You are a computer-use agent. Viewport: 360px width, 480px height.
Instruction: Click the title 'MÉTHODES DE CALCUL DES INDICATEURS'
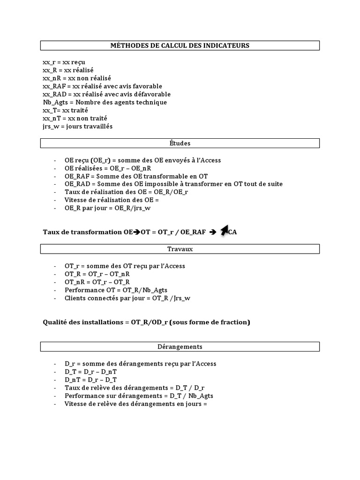coord(180,45)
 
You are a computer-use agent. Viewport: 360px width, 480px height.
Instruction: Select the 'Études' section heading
coord(180,143)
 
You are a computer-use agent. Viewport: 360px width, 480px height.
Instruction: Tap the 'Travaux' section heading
coord(180,249)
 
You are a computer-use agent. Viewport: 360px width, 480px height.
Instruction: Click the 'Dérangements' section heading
coord(180,346)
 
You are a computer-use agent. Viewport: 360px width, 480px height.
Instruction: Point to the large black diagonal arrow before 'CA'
coord(225,230)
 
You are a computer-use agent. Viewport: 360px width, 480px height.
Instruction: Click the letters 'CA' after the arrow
coord(232,232)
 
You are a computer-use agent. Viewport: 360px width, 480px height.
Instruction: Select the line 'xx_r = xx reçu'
coord(64,62)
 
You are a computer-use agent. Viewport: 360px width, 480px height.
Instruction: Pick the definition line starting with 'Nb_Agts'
coord(105,102)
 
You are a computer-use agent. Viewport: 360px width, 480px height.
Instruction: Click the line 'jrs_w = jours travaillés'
coord(77,127)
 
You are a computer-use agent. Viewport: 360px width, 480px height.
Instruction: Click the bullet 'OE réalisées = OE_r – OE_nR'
coord(108,168)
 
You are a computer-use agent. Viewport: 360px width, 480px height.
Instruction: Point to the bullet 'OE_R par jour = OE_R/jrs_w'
coord(108,208)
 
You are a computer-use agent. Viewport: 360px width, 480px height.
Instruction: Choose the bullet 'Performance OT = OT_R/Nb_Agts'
coord(117,290)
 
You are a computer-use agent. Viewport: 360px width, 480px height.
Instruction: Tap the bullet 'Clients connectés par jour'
coord(127,298)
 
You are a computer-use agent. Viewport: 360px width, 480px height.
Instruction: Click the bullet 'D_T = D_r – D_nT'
coord(91,372)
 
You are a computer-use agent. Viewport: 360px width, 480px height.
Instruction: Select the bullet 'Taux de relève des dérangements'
coord(135,388)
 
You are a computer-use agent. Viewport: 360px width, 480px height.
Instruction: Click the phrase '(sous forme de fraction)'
coord(210,322)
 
